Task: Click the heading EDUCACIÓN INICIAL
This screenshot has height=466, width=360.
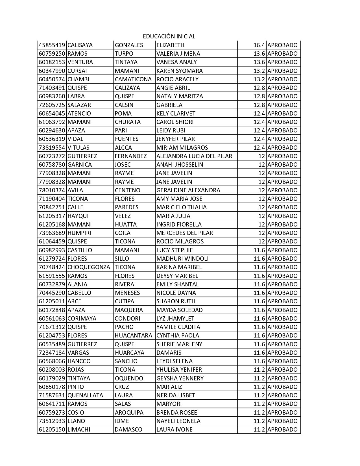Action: pyautogui.click(x=169, y=36)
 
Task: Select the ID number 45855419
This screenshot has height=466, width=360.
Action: pyautogui.click(x=52, y=45)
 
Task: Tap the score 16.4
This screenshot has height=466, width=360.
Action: pyautogui.click(x=259, y=45)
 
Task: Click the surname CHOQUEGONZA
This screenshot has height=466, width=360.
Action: pyautogui.click(x=89, y=267)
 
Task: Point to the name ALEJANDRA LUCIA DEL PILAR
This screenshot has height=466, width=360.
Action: pyautogui.click(x=194, y=156)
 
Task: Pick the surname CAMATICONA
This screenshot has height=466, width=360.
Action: pyautogui.click(x=133, y=79)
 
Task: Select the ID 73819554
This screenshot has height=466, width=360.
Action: pyautogui.click(x=52, y=148)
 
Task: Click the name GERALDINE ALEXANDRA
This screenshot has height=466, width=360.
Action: pyautogui.click(x=188, y=190)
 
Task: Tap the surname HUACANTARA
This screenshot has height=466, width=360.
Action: pyautogui.click(x=133, y=336)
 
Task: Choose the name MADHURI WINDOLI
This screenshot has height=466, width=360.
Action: pyautogui.click(x=182, y=259)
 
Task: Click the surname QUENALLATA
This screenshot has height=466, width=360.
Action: pyautogui.click(x=85, y=395)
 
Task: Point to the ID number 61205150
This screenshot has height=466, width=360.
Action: pyautogui.click(x=52, y=430)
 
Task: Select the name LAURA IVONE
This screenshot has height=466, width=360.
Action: pyautogui.click(x=174, y=430)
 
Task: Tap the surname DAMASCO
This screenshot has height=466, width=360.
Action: pyautogui.click(x=128, y=430)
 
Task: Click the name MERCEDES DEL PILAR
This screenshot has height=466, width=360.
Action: pyautogui.click(x=185, y=233)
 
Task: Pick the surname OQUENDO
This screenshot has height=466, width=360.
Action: pyautogui.click(x=129, y=378)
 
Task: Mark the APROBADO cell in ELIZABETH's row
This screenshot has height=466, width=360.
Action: pyautogui.click(x=282, y=45)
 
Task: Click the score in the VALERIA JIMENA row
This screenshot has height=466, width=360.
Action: pyautogui.click(x=259, y=54)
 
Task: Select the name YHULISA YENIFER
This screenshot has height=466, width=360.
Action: pyautogui.click(x=179, y=370)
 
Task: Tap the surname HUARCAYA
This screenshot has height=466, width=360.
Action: pyautogui.click(x=129, y=353)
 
